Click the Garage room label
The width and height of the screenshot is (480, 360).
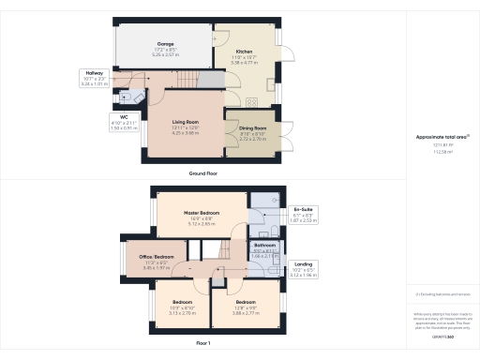166,51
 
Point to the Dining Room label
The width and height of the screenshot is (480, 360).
253,127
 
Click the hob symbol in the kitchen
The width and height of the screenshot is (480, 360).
252,102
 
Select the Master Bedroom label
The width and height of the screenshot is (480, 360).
202,213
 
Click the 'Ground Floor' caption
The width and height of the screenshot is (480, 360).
204,174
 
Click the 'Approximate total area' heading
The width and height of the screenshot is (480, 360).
442,137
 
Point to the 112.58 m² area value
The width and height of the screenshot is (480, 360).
442,153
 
